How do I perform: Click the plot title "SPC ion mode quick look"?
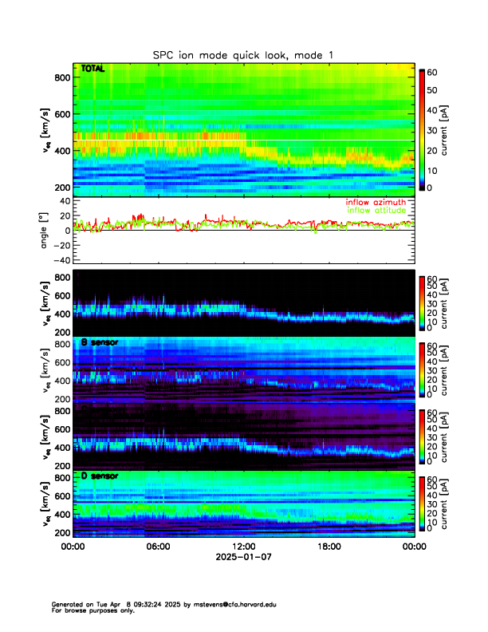(243, 54)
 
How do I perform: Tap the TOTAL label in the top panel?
(93, 69)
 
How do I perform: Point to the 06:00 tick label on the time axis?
(158, 547)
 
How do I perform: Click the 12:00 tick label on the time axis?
(244, 547)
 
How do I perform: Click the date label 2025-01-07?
(244, 558)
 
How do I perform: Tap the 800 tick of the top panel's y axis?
(60, 77)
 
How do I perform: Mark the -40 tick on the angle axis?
(58, 260)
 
